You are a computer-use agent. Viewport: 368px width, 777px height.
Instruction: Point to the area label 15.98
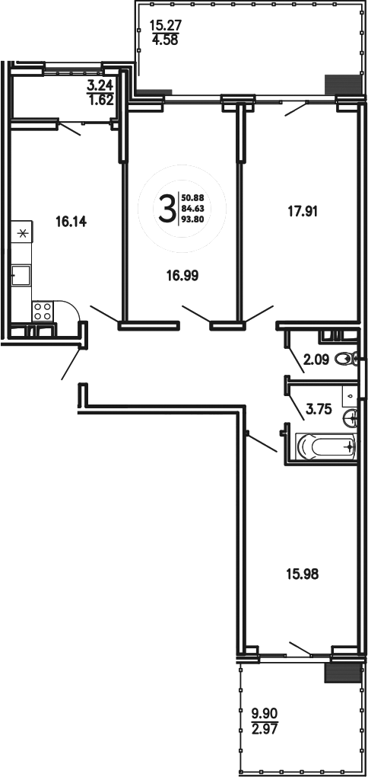(x=300, y=574)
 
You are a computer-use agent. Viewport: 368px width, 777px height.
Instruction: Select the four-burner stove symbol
(x=43, y=310)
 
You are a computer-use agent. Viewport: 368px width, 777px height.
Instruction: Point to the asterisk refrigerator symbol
(x=21, y=233)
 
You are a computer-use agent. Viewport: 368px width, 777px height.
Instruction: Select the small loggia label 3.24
(x=100, y=86)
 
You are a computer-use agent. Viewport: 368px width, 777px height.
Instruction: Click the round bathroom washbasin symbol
(x=351, y=417)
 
